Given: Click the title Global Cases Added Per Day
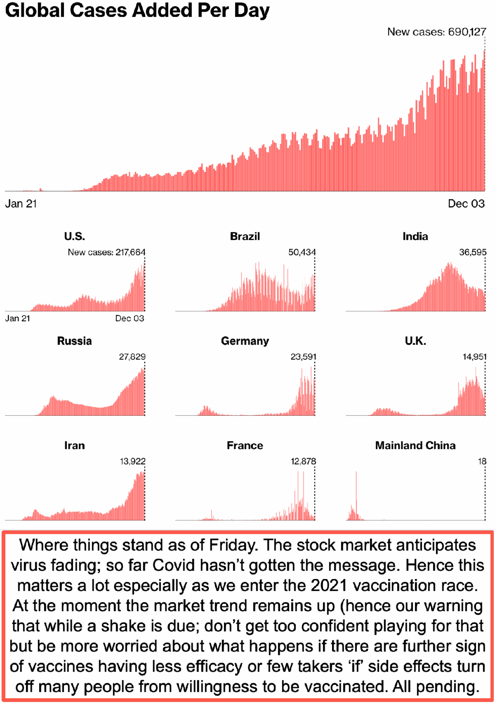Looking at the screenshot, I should tap(137, 11).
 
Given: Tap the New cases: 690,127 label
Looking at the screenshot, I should tap(436, 32).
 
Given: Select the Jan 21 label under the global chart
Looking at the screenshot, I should tap(21, 203).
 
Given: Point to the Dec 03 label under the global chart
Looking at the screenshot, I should tap(466, 203).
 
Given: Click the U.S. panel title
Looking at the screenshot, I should tap(74, 236).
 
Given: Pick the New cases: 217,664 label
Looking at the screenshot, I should tap(106, 252).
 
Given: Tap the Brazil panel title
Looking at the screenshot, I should tap(245, 236).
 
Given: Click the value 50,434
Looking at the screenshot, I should tap(302, 252).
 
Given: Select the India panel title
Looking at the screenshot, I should tap(415, 236).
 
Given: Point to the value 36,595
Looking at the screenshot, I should tap(473, 252).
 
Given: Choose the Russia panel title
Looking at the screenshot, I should tap(74, 341).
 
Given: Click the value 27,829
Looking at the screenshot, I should tap(132, 357).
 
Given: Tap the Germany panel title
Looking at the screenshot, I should tap(245, 341).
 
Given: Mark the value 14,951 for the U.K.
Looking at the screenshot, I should tap(474, 357).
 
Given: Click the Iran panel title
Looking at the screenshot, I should tap(74, 445).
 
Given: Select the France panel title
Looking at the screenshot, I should tap(245, 445).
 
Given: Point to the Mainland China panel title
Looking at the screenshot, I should tap(415, 445).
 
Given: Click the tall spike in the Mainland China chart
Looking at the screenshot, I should tap(356, 495).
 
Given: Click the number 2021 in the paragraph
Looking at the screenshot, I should tap(329, 586).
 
